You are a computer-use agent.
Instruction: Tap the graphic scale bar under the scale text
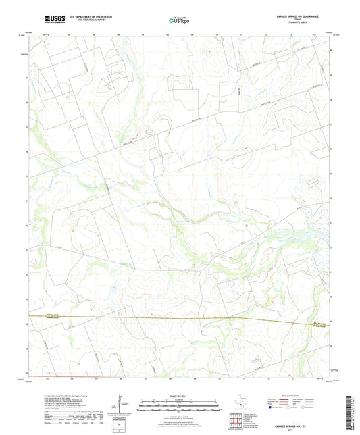tap(179, 405)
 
